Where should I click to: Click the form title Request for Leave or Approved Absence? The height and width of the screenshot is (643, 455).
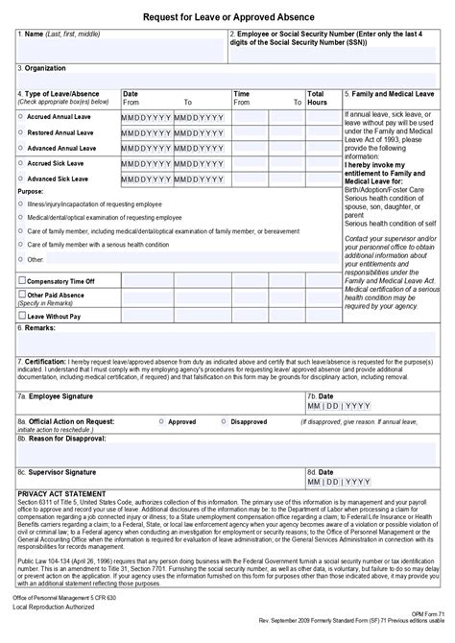pos(227,16)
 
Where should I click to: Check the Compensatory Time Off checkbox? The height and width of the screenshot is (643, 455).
pos(22,280)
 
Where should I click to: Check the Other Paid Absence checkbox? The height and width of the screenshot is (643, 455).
pos(22,295)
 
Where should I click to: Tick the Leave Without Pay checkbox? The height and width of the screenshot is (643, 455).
pos(22,315)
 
